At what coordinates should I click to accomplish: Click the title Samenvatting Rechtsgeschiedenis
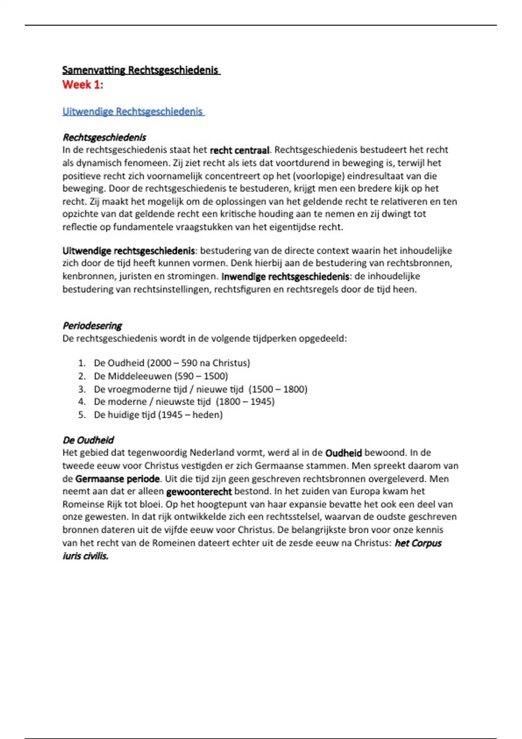click(141, 70)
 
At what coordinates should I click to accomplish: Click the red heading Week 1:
click(83, 85)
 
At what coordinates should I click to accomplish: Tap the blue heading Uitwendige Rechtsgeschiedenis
click(133, 112)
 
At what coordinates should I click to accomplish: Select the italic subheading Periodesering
click(92, 326)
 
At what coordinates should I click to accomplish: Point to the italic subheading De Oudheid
click(88, 440)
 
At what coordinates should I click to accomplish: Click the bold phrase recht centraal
click(240, 150)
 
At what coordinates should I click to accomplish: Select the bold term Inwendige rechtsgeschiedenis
click(285, 276)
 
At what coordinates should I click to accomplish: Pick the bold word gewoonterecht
click(199, 492)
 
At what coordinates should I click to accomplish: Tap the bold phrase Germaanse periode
click(117, 479)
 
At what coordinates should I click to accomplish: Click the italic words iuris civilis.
click(86, 556)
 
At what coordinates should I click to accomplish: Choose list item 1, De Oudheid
click(172, 363)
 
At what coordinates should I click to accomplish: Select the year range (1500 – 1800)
click(278, 389)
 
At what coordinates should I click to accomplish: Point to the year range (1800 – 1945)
click(245, 402)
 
